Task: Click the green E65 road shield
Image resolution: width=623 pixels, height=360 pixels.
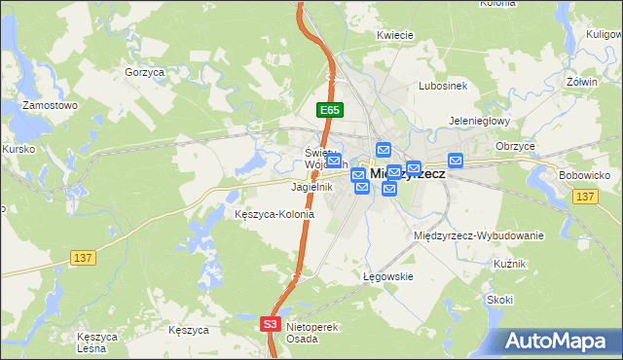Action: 329,111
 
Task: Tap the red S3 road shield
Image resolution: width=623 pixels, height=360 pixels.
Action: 271,324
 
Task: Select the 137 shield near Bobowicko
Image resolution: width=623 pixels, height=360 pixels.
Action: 585,197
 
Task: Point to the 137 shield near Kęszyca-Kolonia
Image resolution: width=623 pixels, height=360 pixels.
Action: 83,257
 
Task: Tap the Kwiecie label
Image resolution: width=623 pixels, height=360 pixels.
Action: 395,35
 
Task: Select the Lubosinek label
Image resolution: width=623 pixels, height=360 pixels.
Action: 443,86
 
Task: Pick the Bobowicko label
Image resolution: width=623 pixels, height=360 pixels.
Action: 584,175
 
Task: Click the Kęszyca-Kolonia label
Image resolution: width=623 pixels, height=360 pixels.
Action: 275,214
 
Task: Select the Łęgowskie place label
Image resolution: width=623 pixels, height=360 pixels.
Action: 388,276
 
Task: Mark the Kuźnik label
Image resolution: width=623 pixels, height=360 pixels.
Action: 509,265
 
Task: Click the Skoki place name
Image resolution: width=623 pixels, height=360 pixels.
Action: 500,300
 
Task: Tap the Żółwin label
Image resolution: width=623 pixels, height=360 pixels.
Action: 582,82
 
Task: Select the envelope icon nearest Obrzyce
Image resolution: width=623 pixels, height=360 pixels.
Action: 455,161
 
